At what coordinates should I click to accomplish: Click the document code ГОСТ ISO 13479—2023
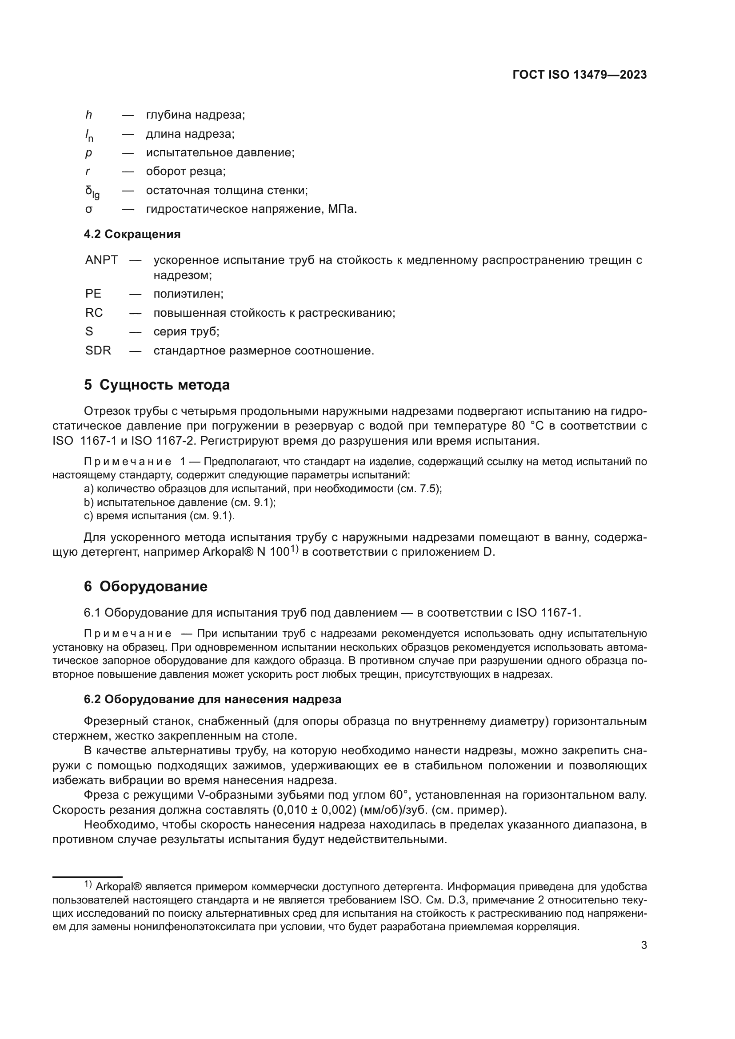[x=579, y=75]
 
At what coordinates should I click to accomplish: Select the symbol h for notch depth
[x=89, y=115]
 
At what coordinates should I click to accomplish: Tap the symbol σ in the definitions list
[x=89, y=210]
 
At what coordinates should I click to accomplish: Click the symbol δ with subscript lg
[x=92, y=192]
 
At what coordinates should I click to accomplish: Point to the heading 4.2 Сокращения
[x=132, y=235]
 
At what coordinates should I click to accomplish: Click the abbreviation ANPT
[x=101, y=260]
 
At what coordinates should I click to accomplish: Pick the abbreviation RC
[x=94, y=313]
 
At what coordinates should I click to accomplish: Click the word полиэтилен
[x=188, y=294]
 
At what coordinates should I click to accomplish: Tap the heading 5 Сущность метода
[x=156, y=385]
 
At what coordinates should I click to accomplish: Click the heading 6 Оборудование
[x=145, y=586]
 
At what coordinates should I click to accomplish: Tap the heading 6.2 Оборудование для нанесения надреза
[x=212, y=699]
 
